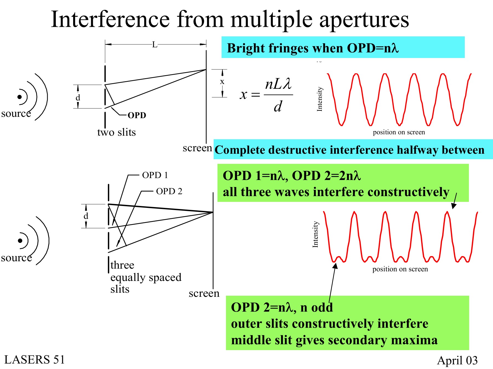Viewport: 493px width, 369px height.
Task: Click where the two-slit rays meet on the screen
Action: [206, 70]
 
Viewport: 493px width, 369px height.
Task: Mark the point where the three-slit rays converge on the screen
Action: [213, 212]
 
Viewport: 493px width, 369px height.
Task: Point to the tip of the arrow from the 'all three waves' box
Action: [453, 209]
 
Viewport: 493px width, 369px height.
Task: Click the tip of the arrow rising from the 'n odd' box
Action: [336, 263]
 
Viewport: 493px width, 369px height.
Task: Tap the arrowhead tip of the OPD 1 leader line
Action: [113, 225]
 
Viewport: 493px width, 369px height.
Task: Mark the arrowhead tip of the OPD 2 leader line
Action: [117, 247]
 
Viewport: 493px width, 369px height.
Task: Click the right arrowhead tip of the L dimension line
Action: [206, 44]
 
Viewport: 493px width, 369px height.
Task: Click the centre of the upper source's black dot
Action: [19, 97]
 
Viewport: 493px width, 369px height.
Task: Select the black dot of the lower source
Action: [20, 241]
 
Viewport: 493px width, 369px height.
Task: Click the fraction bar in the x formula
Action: [278, 95]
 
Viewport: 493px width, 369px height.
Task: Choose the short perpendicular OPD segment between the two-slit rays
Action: [110, 95]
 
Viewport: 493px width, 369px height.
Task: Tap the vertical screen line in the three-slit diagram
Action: [213, 241]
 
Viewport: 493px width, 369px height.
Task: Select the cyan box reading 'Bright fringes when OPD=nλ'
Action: [343, 47]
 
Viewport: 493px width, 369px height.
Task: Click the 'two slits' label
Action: [116, 132]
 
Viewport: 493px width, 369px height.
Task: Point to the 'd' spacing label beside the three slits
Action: [86, 216]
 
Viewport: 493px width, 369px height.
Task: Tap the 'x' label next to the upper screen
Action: [222, 82]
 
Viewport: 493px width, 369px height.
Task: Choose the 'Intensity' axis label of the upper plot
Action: [319, 99]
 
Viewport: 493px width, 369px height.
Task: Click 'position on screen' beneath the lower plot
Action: [400, 269]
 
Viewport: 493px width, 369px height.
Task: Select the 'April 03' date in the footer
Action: [457, 361]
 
